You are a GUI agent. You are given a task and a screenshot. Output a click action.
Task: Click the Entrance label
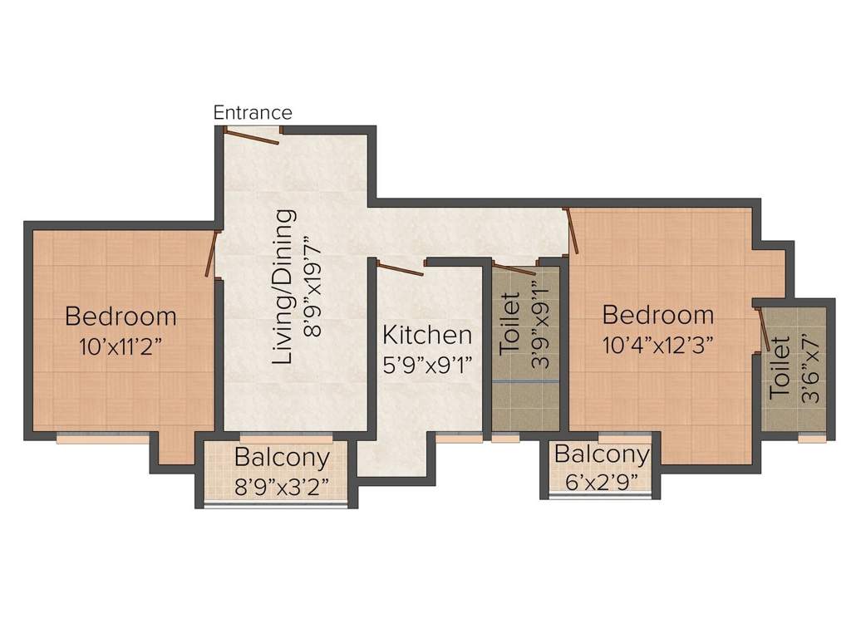click(x=253, y=112)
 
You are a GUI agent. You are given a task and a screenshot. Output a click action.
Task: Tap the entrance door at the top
click(x=253, y=137)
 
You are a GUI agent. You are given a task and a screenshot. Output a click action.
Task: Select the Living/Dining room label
click(x=285, y=287)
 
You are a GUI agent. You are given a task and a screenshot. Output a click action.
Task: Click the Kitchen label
click(x=427, y=336)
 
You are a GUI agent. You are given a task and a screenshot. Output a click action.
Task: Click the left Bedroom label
click(x=121, y=317)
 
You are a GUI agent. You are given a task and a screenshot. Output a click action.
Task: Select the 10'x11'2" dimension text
click(x=121, y=346)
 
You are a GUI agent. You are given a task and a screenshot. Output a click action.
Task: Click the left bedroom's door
click(x=212, y=253)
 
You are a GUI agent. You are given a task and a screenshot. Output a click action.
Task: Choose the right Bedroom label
click(x=658, y=316)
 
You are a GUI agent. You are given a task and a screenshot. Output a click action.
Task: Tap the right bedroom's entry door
click(x=571, y=230)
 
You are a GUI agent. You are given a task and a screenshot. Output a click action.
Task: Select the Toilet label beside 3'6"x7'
click(x=780, y=370)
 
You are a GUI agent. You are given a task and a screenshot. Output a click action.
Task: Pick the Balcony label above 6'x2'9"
click(x=602, y=454)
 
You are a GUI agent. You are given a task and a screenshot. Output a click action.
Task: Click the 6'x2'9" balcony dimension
click(x=602, y=481)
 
